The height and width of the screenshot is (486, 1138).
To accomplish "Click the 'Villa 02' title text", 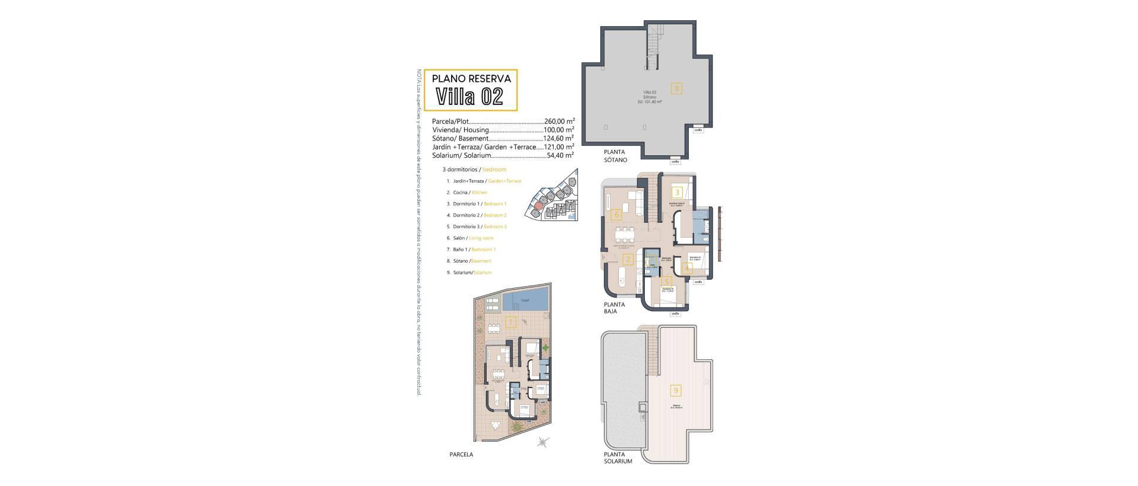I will click(x=469, y=96).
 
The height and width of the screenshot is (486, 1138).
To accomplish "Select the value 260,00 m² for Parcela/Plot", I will click(x=559, y=121).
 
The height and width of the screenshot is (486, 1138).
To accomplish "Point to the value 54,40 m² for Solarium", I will click(x=560, y=155).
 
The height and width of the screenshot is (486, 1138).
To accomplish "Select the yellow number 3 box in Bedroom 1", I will click(x=677, y=192).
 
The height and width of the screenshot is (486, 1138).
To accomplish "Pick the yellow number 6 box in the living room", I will click(x=616, y=215).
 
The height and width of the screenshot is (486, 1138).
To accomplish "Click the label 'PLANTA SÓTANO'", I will click(x=611, y=156).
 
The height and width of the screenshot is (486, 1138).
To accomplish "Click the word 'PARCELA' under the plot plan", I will click(x=461, y=455).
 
